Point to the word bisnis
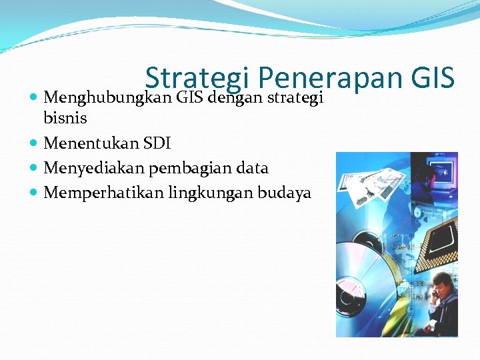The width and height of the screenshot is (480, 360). pos(65,119)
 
